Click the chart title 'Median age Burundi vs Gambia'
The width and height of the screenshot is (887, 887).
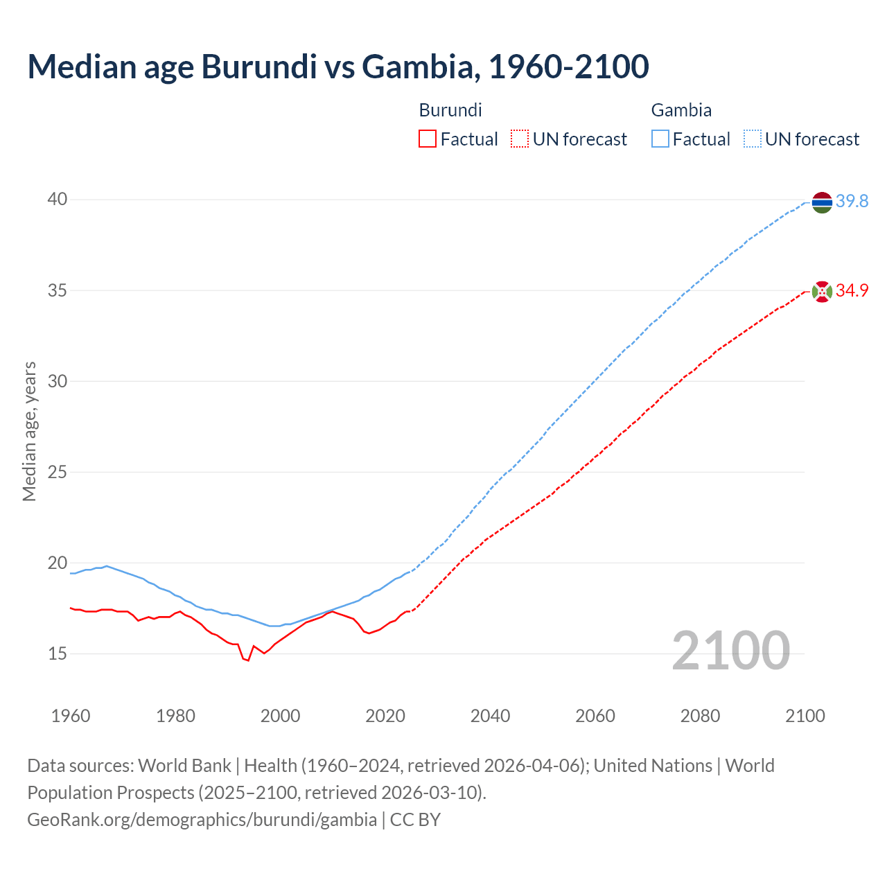tap(338, 67)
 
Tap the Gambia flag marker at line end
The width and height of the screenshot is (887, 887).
tap(822, 202)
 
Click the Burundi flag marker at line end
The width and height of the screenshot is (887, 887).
tap(822, 292)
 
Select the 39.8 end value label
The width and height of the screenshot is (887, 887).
tap(852, 202)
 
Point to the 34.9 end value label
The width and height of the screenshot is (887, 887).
tap(852, 291)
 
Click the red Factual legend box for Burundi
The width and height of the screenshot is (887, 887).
tap(428, 139)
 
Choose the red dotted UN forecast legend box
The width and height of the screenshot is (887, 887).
tap(520, 139)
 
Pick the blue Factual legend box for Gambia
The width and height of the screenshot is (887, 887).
tap(660, 139)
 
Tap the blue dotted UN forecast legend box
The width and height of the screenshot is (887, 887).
tap(752, 139)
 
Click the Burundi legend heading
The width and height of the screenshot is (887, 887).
tap(450, 110)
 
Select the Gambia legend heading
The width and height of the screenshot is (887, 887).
tap(681, 110)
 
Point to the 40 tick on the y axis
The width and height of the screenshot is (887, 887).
tap(58, 200)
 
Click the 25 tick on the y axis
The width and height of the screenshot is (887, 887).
tap(58, 472)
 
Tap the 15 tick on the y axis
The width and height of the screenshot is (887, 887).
tap(58, 653)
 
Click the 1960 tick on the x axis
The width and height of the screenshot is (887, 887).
tap(71, 716)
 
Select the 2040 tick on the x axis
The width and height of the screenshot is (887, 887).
tap(490, 716)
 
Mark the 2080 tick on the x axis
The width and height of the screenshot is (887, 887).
tap(700, 716)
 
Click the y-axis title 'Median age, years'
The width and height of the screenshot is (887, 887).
tap(29, 431)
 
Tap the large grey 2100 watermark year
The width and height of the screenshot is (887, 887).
tap(730, 651)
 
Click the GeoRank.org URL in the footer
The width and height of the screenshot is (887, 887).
tap(202, 820)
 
